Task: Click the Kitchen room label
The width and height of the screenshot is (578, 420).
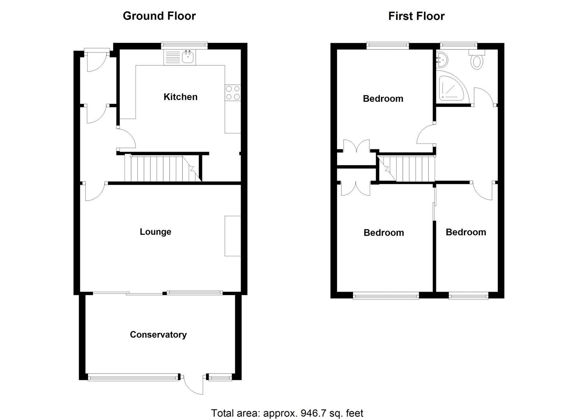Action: tap(180, 97)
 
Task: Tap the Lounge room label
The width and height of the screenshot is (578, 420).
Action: tap(155, 232)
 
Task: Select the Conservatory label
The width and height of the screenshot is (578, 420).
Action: tap(158, 334)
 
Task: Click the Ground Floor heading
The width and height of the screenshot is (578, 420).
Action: tap(159, 16)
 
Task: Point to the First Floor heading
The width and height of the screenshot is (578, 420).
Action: tap(416, 16)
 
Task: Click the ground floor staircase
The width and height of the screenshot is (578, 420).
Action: tap(162, 168)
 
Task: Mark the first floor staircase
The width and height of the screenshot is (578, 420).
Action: tap(407, 168)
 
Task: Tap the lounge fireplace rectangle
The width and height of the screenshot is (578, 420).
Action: tap(232, 236)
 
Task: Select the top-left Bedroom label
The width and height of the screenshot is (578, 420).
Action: tap(383, 99)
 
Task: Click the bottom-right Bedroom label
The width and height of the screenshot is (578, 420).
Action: tap(466, 232)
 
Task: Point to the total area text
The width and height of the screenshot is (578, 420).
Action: tap(287, 413)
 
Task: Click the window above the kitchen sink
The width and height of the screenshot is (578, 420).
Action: tap(185, 45)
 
